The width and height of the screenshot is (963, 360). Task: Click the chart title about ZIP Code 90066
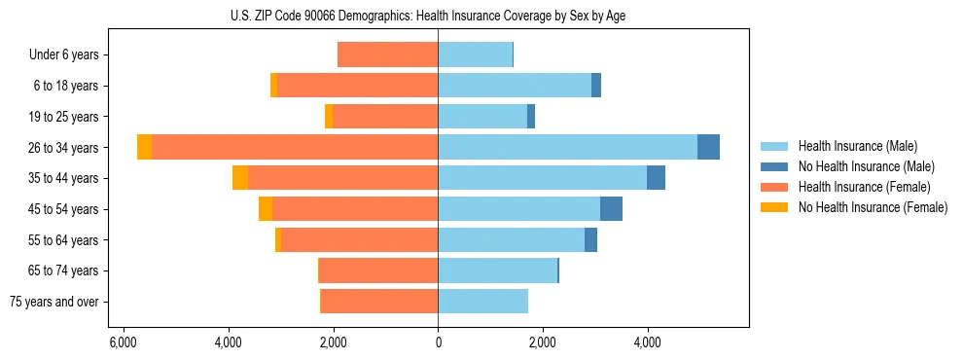pos(438,16)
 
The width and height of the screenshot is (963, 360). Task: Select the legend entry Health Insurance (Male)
pos(856,146)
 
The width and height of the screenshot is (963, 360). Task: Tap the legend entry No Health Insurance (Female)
pos(873,207)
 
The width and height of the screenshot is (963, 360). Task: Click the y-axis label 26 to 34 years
pos(66,148)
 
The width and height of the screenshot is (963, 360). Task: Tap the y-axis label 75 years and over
pos(54,302)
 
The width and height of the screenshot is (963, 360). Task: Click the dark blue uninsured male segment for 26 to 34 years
pos(708,147)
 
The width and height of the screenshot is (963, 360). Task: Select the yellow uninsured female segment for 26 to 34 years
pos(144,147)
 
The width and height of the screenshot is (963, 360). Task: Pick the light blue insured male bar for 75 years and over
pos(482,302)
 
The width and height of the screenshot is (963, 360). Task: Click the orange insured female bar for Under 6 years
pos(387,55)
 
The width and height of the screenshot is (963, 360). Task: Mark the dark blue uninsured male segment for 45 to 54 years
pos(611,209)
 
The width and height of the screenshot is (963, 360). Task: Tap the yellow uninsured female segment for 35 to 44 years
pos(240,178)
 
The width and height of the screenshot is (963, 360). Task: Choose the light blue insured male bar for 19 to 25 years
pos(482,117)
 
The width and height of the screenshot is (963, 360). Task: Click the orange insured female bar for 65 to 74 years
pos(378,270)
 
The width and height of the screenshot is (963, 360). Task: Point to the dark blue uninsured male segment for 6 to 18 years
pos(596,86)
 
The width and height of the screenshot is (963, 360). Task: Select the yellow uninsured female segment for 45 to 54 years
pos(266,209)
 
